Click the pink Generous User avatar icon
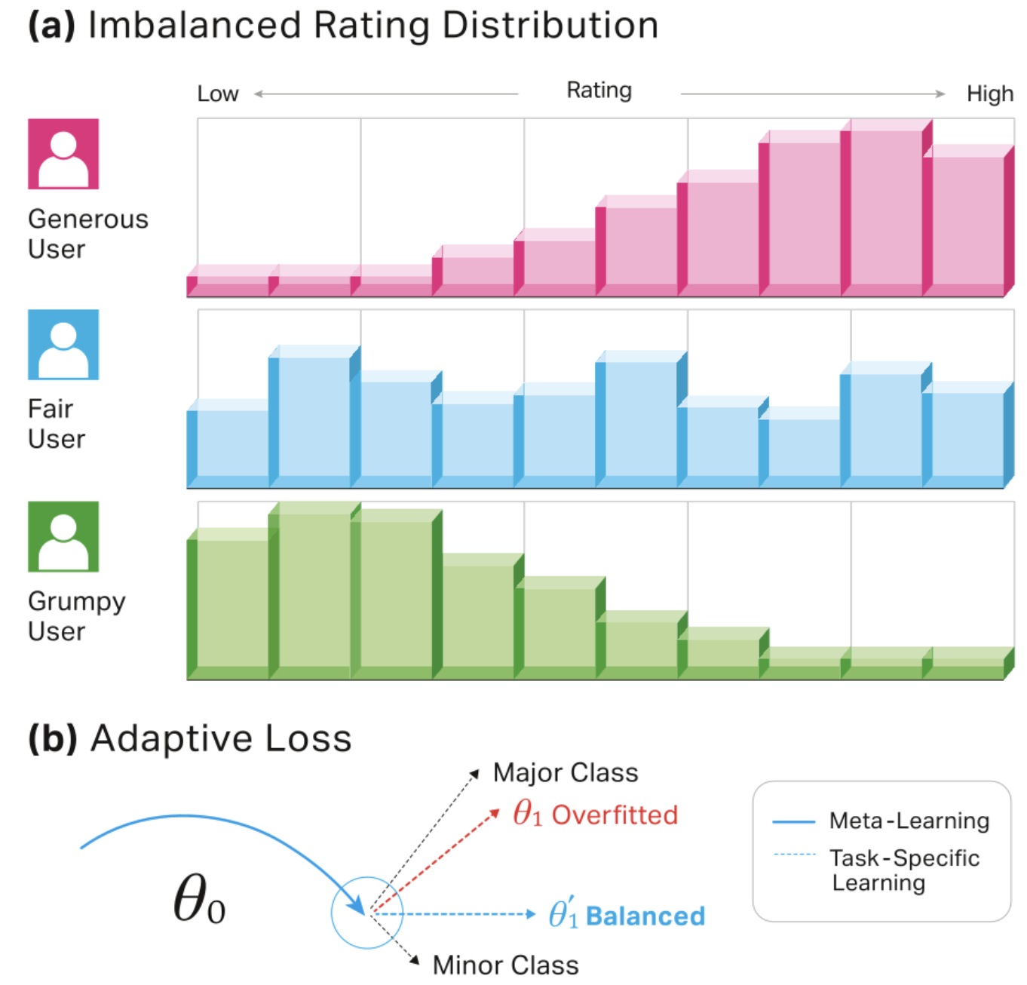(63, 154)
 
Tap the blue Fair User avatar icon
(63, 345)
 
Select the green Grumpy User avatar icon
(63, 536)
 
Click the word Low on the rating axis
(218, 94)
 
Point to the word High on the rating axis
(989, 94)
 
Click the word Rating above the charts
(599, 91)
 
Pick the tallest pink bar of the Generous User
(881, 207)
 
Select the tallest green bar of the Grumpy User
(310, 592)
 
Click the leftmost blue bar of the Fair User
(228, 445)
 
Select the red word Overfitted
(615, 815)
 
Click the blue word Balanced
(645, 916)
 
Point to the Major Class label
(566, 773)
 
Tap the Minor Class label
(505, 965)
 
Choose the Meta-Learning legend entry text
(909, 821)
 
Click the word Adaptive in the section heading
(161, 738)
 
